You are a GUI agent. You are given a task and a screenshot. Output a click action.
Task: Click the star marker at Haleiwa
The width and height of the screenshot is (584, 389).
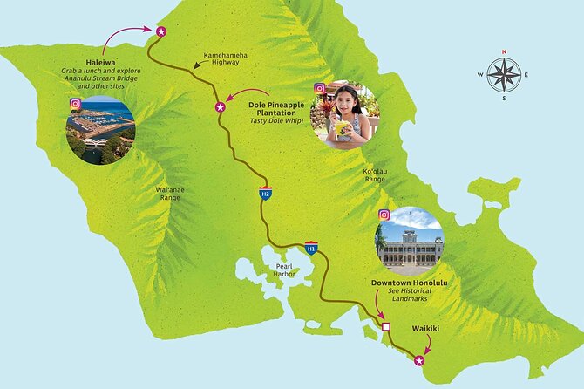[x=160, y=31]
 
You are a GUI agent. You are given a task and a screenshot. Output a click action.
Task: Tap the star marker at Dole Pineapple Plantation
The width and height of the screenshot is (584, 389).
[x=221, y=107]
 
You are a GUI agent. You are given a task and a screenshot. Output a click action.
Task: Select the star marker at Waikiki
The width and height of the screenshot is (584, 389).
[x=419, y=360]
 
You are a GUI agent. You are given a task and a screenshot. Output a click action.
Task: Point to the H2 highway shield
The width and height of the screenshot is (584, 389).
[x=264, y=193]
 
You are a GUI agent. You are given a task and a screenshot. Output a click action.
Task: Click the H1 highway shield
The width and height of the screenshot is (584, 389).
[x=311, y=249]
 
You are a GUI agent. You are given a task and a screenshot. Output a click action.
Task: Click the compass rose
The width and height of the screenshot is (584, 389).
[x=504, y=75]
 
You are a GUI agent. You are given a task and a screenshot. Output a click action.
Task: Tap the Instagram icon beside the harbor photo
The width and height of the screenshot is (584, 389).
[x=76, y=104]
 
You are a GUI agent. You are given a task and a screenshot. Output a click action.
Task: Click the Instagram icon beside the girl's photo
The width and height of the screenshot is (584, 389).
[x=320, y=88]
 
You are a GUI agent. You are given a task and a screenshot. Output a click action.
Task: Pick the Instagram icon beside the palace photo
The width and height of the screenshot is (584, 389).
[x=384, y=215]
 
